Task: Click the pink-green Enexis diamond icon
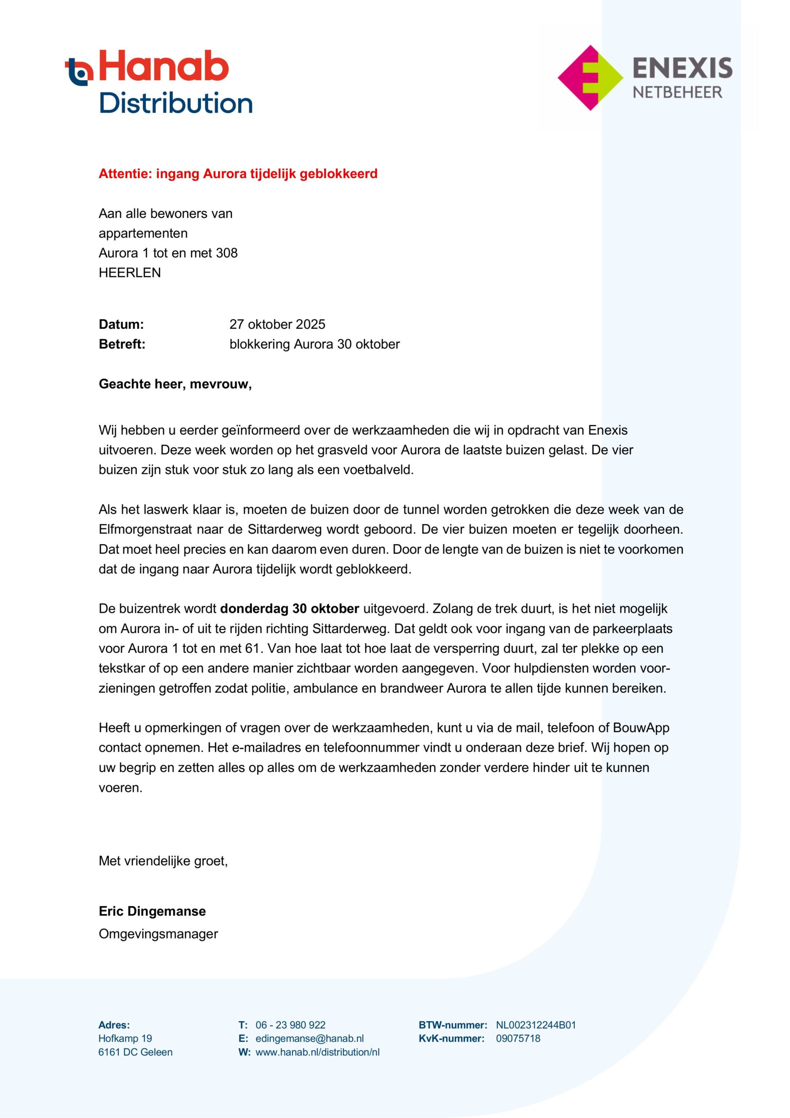pyautogui.click(x=590, y=78)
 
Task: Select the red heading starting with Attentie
pyautogui.click(x=238, y=174)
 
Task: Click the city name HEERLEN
pyautogui.click(x=130, y=273)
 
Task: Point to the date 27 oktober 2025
pyautogui.click(x=277, y=324)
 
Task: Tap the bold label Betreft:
pyautogui.click(x=122, y=344)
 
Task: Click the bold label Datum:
pyautogui.click(x=121, y=324)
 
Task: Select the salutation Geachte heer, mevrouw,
pyautogui.click(x=175, y=384)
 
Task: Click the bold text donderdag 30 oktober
pyautogui.click(x=290, y=609)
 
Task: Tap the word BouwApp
pyautogui.click(x=641, y=728)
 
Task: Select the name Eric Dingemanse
pyautogui.click(x=152, y=911)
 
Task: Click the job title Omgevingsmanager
pyautogui.click(x=158, y=934)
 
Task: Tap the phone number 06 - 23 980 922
pyautogui.click(x=291, y=1025)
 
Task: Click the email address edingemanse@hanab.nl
pyautogui.click(x=309, y=1039)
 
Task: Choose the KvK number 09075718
pyautogui.click(x=518, y=1039)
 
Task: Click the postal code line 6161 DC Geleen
pyautogui.click(x=135, y=1052)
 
